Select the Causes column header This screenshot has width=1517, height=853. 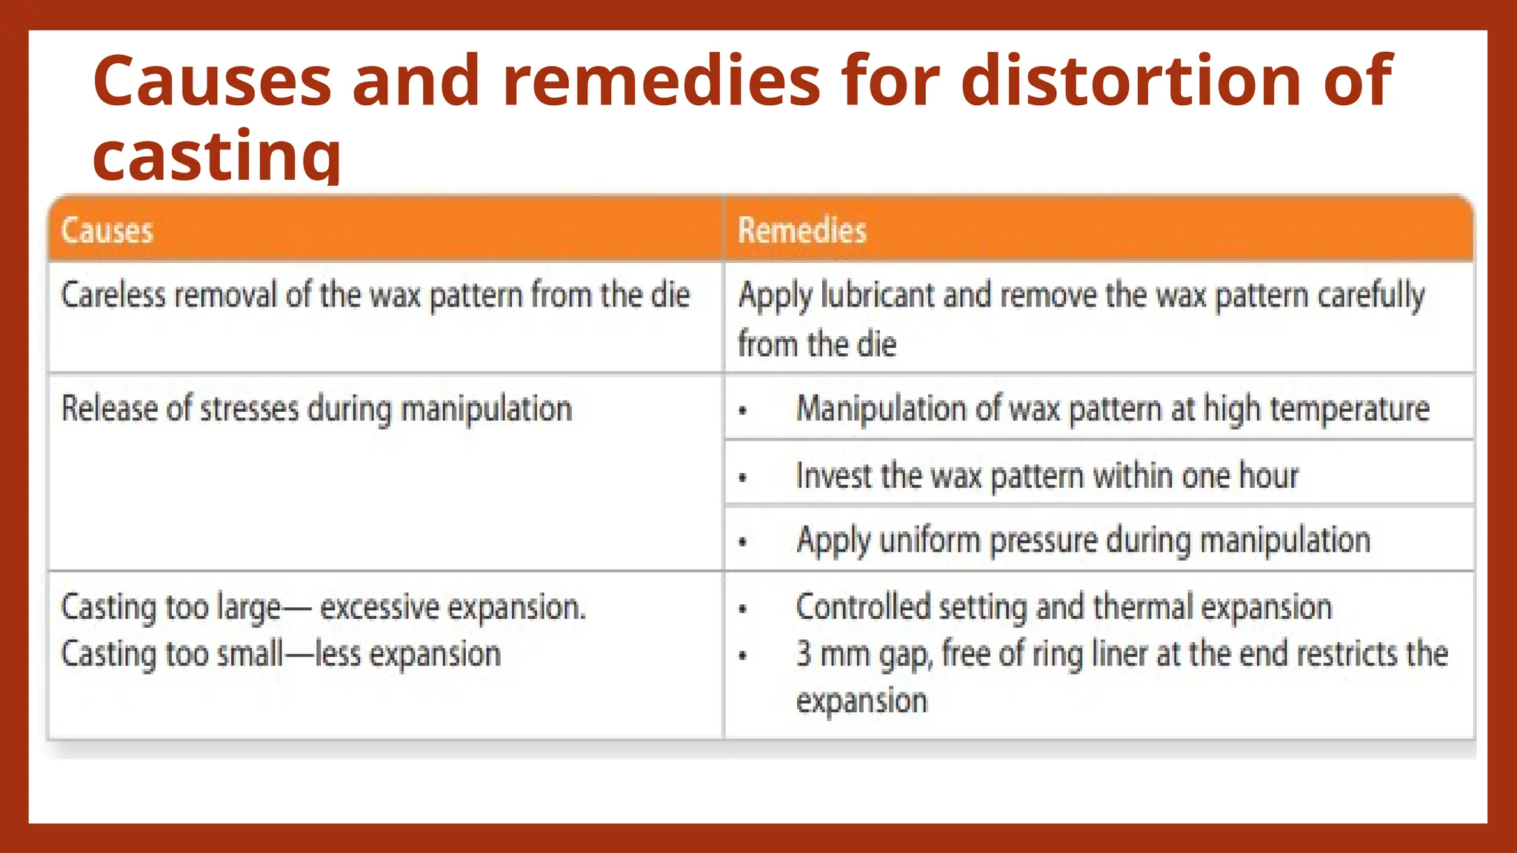[107, 230]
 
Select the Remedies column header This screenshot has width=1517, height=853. [801, 230]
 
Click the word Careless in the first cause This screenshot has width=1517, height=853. [113, 295]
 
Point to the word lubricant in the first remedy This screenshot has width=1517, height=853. [878, 295]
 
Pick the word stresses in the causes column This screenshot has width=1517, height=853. [249, 409]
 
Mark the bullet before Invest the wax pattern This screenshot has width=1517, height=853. [743, 478]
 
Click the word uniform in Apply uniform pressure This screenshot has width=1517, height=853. [930, 541]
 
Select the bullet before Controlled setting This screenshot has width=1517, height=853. [743, 610]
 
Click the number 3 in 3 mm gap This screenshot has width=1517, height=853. [804, 654]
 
